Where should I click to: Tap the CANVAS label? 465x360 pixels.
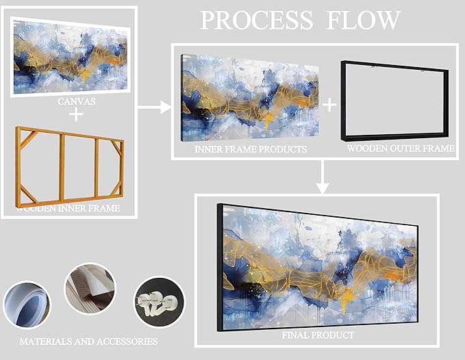75,102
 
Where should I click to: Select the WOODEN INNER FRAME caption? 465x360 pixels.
71,207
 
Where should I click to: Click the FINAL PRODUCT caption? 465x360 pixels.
318,335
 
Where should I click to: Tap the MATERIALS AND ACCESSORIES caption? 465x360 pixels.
88,341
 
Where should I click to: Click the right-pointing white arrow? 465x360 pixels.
154,106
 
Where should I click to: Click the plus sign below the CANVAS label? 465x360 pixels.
76,114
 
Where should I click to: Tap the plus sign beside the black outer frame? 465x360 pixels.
330,104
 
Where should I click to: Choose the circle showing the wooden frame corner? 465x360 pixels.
90,288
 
